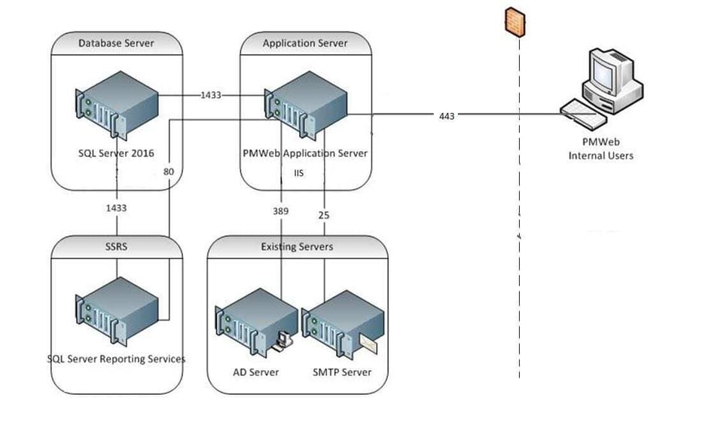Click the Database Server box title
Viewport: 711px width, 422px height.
point(116,43)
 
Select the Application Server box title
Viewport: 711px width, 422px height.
point(305,43)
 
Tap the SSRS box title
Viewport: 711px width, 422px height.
point(116,246)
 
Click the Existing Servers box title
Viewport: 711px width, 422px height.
point(297,246)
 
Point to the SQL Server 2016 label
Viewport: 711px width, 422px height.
point(116,153)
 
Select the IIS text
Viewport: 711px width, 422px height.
point(298,173)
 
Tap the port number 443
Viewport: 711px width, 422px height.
point(447,116)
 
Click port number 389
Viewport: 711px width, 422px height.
point(280,212)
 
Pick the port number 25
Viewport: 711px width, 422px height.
point(324,216)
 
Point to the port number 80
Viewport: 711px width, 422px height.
point(169,172)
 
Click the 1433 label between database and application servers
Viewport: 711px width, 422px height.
point(211,96)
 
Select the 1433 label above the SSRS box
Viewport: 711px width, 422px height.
point(116,207)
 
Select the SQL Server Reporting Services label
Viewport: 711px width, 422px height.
point(116,359)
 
